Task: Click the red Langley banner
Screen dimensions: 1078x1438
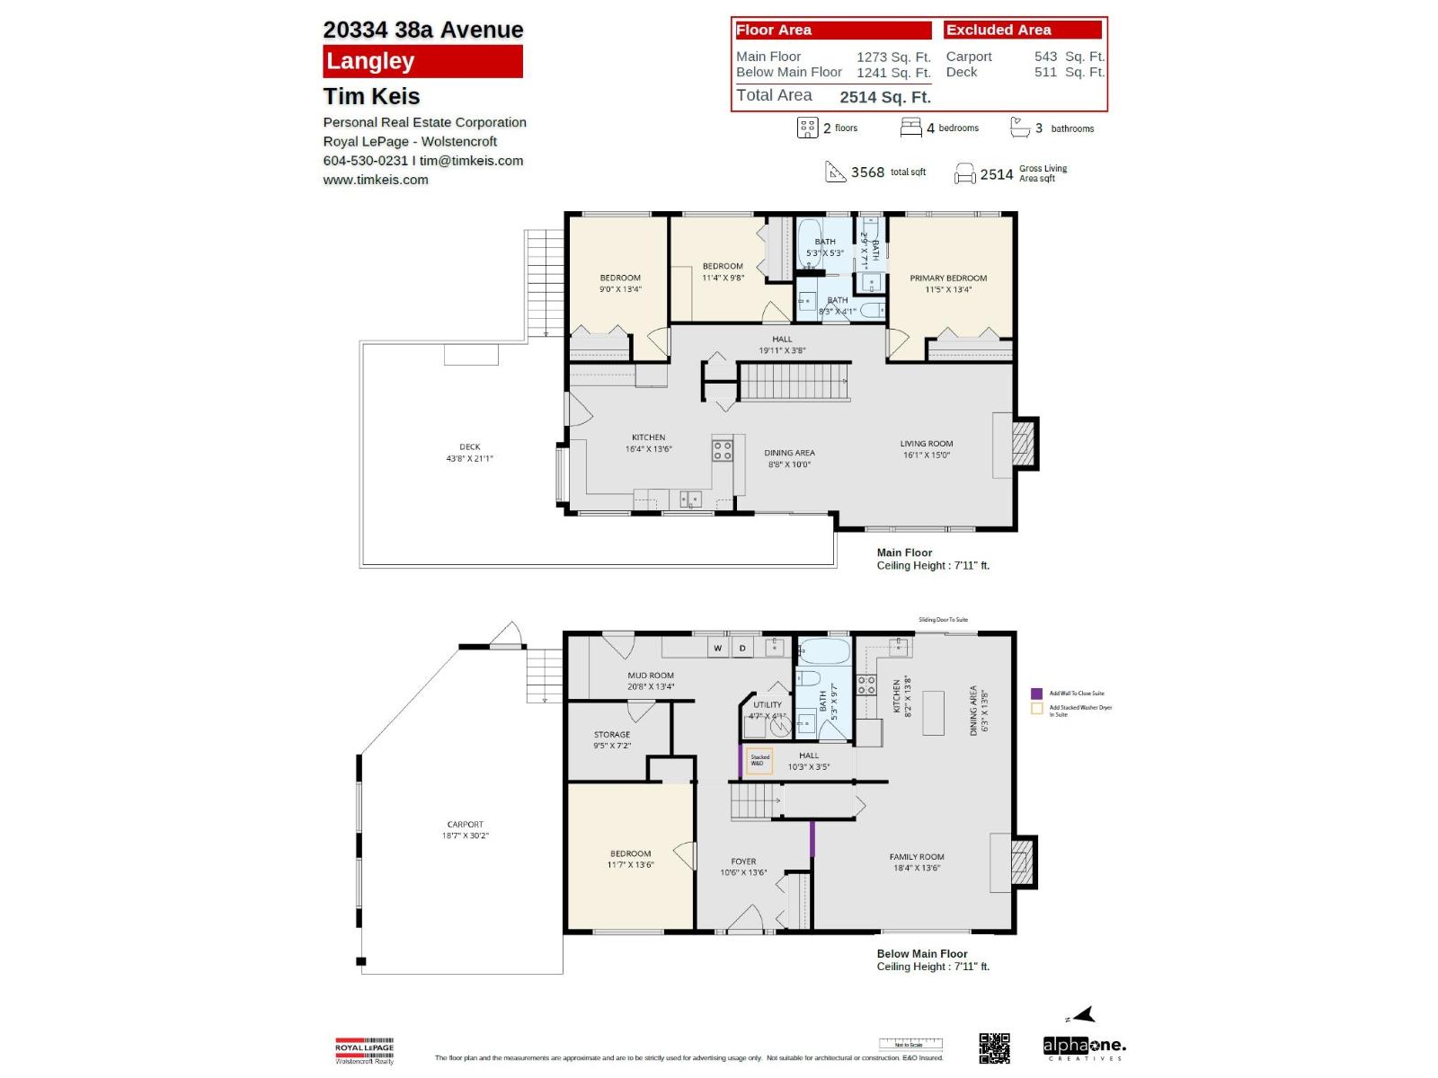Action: point(422,61)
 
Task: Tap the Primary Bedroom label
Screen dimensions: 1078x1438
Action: point(948,283)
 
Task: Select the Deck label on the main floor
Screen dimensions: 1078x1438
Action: point(469,452)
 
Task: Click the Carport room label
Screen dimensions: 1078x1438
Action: point(465,829)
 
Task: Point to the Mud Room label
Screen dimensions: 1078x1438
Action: point(651,680)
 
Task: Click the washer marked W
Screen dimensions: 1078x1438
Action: point(717,648)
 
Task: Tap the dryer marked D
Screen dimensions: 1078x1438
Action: point(742,648)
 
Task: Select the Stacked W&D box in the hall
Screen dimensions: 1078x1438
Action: point(759,761)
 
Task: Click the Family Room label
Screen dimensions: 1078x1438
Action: point(916,862)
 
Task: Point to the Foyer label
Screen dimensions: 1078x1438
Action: point(743,866)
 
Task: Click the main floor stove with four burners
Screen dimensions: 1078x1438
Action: point(723,450)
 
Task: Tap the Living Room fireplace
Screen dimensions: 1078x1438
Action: point(1023,443)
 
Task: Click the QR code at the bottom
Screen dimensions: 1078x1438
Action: point(994,1048)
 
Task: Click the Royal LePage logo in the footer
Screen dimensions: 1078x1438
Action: point(364,1051)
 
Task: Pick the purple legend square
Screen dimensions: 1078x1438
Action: point(1036,694)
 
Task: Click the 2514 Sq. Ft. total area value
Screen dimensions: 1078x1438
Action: point(884,97)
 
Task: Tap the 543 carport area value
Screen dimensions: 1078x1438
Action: point(1045,57)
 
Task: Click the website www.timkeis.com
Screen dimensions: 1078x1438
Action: point(376,180)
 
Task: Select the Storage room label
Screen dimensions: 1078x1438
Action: point(612,739)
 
